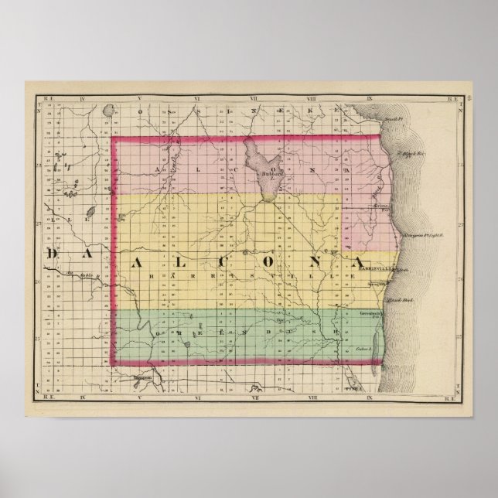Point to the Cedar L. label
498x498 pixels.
pos(365,350)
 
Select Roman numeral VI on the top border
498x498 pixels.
pos(197,98)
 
